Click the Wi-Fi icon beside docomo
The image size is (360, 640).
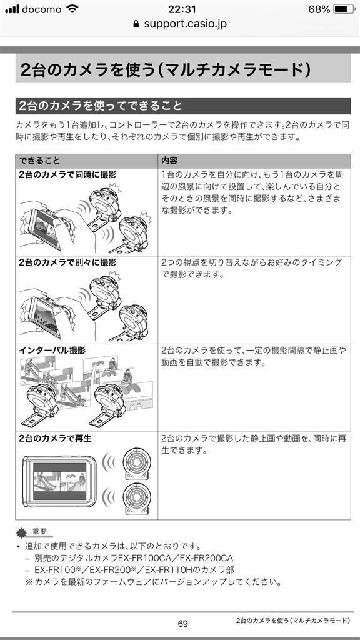[72, 9]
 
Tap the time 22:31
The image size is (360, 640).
[182, 9]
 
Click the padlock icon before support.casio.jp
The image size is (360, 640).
[136, 24]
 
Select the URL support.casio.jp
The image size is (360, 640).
[185, 24]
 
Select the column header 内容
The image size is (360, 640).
[169, 161]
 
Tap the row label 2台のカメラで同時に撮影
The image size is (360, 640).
[67, 175]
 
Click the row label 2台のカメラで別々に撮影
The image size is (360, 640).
[67, 262]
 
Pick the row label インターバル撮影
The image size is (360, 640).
[52, 350]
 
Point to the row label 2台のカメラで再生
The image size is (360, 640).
[55, 438]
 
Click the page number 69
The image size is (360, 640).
[183, 624]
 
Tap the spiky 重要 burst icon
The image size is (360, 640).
[22, 533]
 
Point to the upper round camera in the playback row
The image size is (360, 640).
[136, 462]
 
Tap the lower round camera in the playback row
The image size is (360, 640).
[136, 499]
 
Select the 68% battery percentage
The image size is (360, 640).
[319, 9]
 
